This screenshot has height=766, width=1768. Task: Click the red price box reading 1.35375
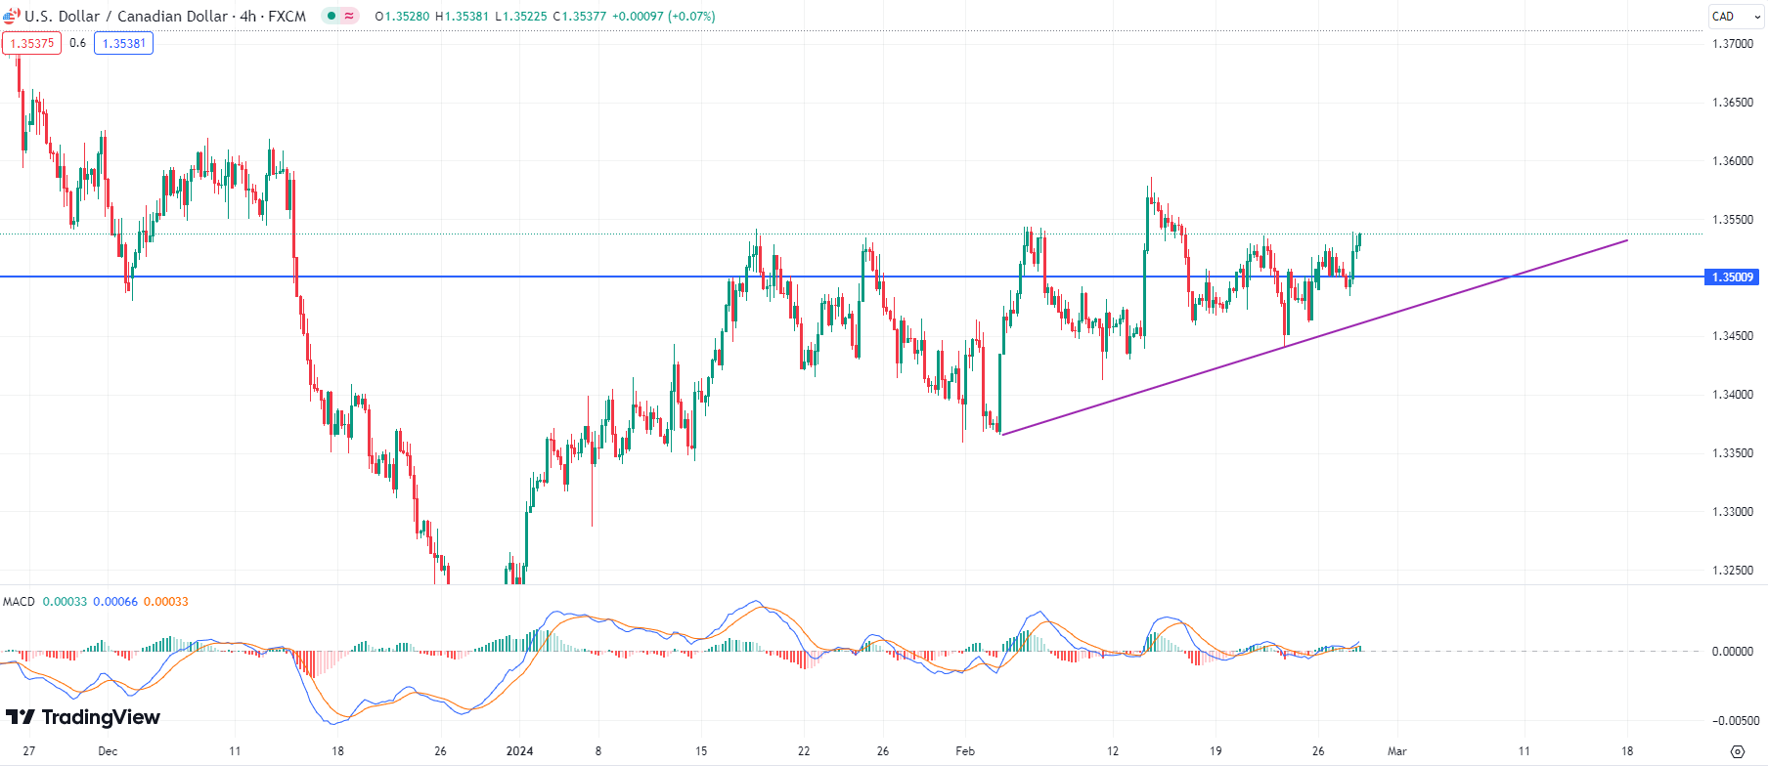[31, 43]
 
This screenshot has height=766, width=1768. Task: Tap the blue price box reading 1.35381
[123, 43]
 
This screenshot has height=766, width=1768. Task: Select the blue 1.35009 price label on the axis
[1732, 277]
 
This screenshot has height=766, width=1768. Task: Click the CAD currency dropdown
[1736, 17]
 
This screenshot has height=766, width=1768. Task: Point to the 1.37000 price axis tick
[1733, 44]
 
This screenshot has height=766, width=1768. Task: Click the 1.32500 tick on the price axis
[1733, 571]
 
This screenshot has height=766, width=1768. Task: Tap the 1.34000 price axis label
[1733, 395]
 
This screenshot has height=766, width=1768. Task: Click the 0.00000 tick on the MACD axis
[1733, 652]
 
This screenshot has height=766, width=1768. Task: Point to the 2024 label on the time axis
[519, 751]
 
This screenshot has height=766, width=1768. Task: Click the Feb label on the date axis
[965, 751]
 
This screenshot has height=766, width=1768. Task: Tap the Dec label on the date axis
[108, 751]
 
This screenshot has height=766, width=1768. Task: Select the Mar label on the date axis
[1397, 751]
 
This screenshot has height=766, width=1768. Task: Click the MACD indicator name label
[19, 602]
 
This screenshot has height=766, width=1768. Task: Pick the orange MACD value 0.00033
[165, 602]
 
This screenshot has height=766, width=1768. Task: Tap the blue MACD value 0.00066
[115, 602]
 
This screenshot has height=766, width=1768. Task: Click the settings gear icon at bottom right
[1737, 751]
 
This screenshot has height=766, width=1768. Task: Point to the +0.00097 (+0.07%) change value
[663, 17]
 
